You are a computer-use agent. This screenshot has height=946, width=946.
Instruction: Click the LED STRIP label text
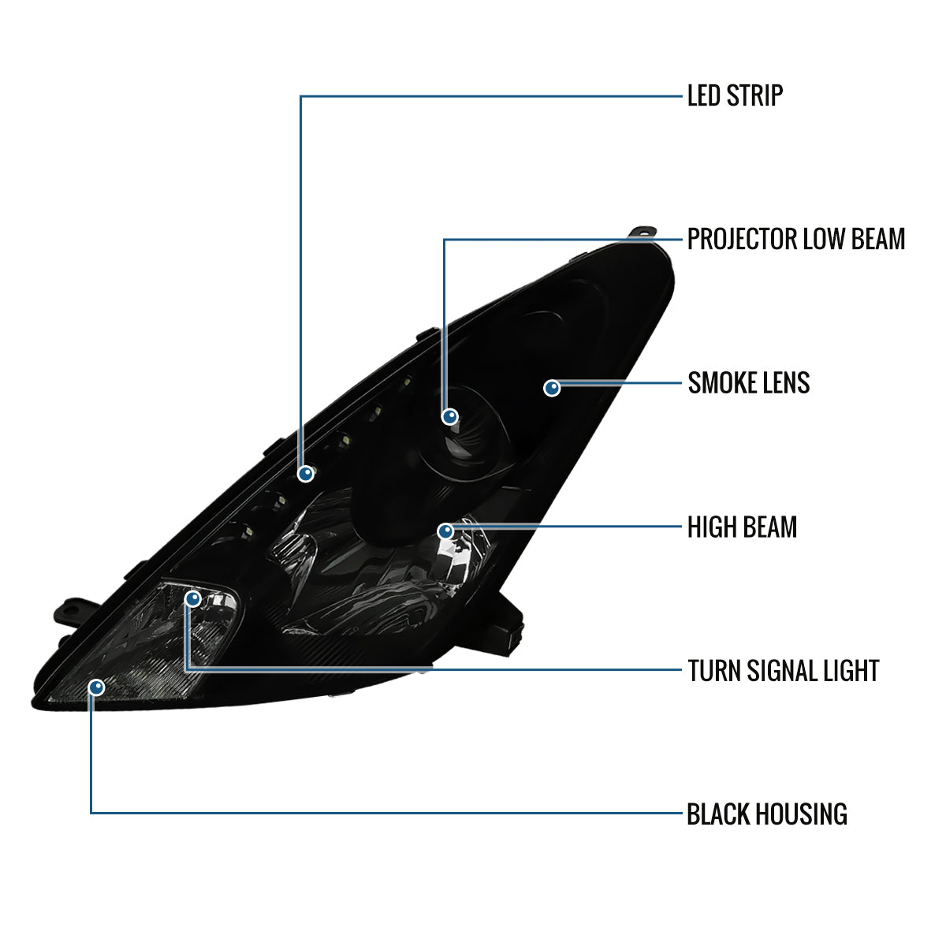tap(735, 95)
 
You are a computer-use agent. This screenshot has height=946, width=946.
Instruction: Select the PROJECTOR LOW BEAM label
tap(795, 239)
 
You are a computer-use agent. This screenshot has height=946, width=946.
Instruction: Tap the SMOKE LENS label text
tap(749, 383)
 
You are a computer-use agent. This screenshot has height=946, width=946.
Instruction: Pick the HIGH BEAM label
tap(742, 527)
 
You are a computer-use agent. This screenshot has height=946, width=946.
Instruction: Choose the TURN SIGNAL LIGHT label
tap(783, 671)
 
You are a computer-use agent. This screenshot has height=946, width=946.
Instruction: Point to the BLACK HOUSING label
tap(767, 814)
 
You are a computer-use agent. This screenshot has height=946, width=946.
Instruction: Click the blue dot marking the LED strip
tap(306, 474)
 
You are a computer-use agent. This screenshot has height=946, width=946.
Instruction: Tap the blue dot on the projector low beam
tap(449, 417)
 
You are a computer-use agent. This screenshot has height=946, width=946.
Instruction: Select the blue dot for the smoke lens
tap(552, 388)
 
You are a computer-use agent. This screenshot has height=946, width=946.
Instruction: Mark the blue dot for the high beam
tap(445, 531)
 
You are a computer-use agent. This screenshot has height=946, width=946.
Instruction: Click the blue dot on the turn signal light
tap(193, 598)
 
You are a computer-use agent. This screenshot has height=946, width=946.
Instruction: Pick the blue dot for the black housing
tap(97, 687)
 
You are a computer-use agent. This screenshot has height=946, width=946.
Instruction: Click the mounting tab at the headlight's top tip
tap(643, 233)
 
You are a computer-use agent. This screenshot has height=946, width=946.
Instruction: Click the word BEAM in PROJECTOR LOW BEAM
tap(877, 239)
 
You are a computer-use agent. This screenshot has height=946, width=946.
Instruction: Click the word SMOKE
tap(722, 383)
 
